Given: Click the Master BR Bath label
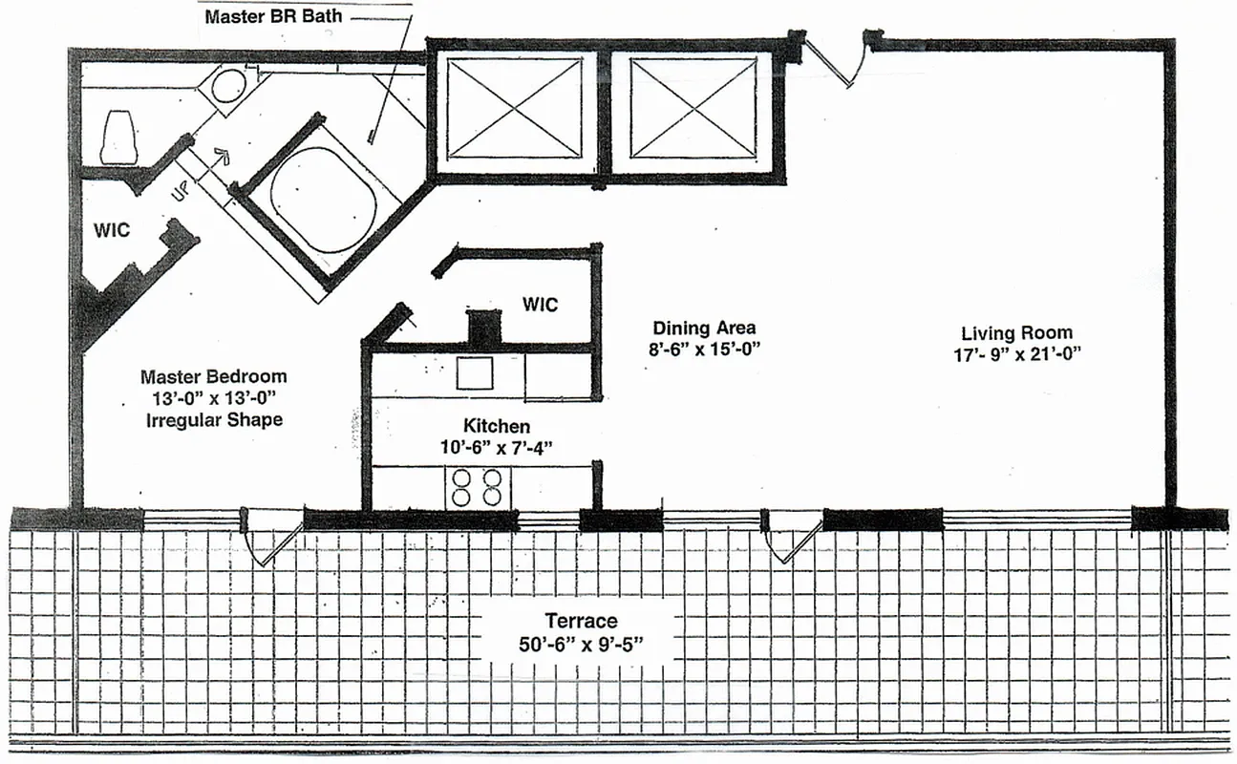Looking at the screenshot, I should click(x=273, y=16).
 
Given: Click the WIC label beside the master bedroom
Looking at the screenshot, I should click(x=112, y=230).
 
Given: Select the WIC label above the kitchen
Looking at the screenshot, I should click(x=540, y=305).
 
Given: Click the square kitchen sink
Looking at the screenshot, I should click(x=475, y=372).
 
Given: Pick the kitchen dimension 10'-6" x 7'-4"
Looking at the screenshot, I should click(x=497, y=446).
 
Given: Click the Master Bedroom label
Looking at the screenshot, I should click(x=213, y=377).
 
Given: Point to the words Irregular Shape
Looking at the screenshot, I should click(x=214, y=419).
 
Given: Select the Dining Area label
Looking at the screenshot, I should click(x=704, y=329).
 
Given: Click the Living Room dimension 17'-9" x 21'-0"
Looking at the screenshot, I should click(x=1016, y=354).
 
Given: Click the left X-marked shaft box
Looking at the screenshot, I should click(x=515, y=107).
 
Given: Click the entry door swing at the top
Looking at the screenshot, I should click(x=834, y=60).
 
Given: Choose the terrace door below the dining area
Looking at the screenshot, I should click(x=792, y=539).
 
